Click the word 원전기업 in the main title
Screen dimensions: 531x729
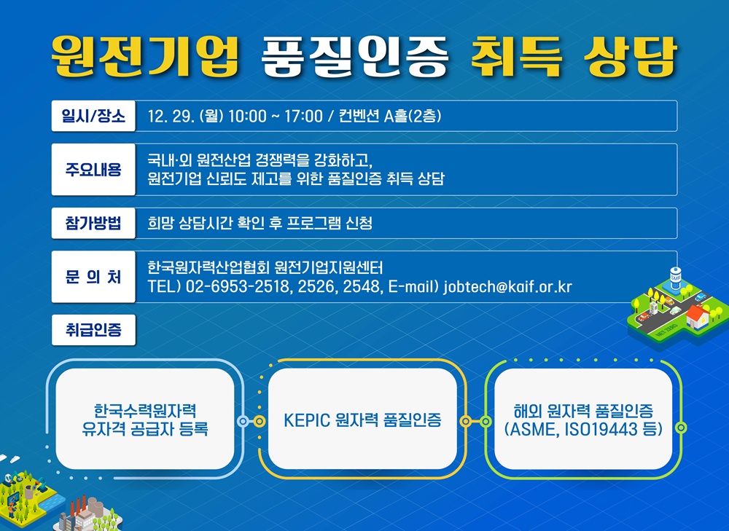click(145, 55)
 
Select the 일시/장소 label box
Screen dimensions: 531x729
click(93, 116)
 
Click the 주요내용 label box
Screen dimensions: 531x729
click(93, 169)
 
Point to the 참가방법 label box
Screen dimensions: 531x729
click(93, 223)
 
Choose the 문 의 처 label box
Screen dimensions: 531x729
click(93, 277)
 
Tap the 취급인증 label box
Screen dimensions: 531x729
click(93, 330)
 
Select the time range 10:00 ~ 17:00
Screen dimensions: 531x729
click(275, 117)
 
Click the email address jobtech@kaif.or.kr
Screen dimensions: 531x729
click(507, 287)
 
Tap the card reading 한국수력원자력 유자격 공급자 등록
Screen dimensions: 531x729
click(145, 419)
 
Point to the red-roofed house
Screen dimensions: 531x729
click(698, 315)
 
